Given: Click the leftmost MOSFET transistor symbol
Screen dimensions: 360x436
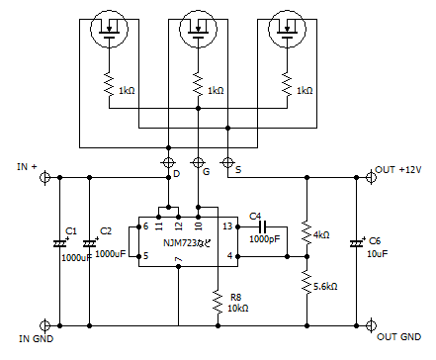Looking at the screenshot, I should click(x=109, y=30).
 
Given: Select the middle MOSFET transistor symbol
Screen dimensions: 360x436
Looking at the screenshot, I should click(x=199, y=30).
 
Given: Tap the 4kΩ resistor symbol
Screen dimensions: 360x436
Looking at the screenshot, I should click(x=305, y=234).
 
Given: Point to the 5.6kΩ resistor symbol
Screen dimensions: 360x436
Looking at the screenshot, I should click(x=305, y=284).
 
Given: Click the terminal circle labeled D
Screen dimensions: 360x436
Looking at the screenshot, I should click(x=167, y=161).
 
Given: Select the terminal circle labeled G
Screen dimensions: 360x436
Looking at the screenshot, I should click(x=198, y=161).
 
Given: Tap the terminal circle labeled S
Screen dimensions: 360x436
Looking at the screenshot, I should click(x=228, y=161).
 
